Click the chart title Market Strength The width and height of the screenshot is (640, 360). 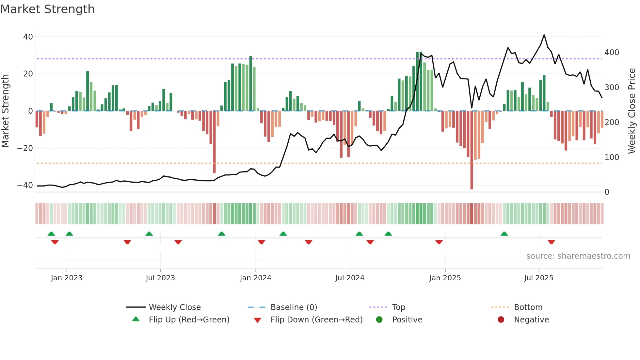tap(47, 9)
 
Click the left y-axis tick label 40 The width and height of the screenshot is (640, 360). tap(28, 37)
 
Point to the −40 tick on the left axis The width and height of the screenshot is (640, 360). tap(25, 185)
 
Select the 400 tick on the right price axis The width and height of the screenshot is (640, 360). tap(612, 53)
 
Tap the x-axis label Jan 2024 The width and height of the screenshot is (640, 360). tap(255, 278)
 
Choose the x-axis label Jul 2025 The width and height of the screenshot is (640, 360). tap(538, 278)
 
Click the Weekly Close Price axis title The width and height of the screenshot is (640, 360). tap(632, 111)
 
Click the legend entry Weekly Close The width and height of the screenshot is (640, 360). tap(174, 307)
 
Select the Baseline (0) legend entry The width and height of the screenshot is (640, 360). tap(294, 307)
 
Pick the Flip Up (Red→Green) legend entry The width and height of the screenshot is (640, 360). tap(189, 320)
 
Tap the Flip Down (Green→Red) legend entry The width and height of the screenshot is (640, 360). tap(316, 320)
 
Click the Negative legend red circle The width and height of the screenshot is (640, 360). tap(501, 320)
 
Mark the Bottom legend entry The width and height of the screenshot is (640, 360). tap(528, 307)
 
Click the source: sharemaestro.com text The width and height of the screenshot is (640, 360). tap(578, 256)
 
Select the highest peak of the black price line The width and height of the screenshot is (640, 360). tap(544, 35)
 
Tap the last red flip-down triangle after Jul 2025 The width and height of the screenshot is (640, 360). tap(551, 242)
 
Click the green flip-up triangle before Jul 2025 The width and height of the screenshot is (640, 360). tap(504, 234)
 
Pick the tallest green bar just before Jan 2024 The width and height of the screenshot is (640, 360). tap(250, 83)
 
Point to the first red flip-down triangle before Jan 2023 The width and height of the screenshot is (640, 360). tap(55, 242)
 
